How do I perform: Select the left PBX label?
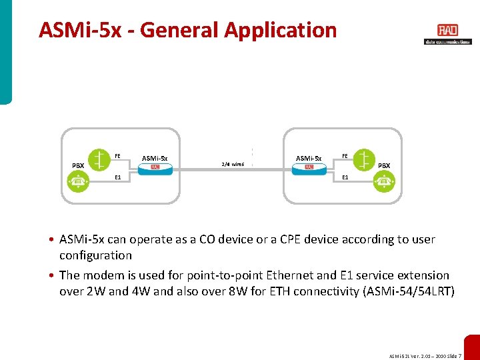click(79, 165)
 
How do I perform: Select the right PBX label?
click(384, 165)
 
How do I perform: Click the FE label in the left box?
click(117, 156)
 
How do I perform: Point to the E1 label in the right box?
click(345, 178)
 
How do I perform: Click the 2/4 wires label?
click(232, 163)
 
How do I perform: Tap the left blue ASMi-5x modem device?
click(155, 168)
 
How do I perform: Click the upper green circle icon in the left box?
click(100, 158)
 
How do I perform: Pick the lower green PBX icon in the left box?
click(79, 181)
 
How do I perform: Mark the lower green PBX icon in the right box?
click(384, 181)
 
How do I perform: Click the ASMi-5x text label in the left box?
click(155, 158)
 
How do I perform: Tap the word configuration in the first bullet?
click(95, 255)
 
